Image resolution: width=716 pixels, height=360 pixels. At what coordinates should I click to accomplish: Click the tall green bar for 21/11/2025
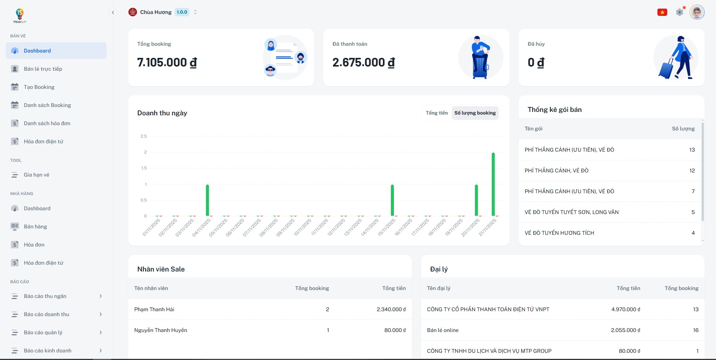pos(493,184)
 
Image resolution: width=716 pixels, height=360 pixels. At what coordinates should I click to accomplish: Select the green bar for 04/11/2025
pos(208,200)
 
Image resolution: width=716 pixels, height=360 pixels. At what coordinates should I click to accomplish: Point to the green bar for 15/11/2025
pos(392,200)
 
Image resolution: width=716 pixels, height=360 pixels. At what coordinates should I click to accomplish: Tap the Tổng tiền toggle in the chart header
pos(437,113)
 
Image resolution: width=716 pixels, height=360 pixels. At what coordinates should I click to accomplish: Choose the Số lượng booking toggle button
pos(475,113)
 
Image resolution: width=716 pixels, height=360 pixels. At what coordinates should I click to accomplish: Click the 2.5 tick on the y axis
pos(144,136)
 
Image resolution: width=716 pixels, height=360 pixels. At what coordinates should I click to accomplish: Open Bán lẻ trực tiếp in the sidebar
pos(43,69)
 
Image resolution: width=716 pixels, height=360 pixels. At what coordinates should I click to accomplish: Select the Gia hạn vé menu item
pos(36,175)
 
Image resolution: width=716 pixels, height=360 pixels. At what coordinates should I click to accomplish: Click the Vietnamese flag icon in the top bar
pos(662,12)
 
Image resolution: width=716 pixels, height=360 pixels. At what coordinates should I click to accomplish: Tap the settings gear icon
pos(679,12)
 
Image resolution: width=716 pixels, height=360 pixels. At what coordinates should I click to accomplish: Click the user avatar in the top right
pos(697,12)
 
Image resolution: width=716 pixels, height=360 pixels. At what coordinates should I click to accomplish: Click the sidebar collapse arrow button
pos(113,12)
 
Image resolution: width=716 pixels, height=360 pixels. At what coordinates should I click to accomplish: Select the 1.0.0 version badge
pos(182,12)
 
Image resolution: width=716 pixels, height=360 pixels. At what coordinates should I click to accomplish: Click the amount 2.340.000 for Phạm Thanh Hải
pos(391,309)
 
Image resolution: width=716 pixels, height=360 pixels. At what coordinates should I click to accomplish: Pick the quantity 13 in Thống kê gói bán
pos(692,150)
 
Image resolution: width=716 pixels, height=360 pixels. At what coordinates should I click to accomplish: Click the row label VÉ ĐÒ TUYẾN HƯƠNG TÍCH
pos(559,233)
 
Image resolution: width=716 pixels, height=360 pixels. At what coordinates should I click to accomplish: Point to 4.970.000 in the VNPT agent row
pos(626,309)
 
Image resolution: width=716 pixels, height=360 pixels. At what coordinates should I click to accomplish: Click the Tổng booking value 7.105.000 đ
pos(167,62)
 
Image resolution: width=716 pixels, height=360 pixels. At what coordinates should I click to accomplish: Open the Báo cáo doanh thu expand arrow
pos(101,314)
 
